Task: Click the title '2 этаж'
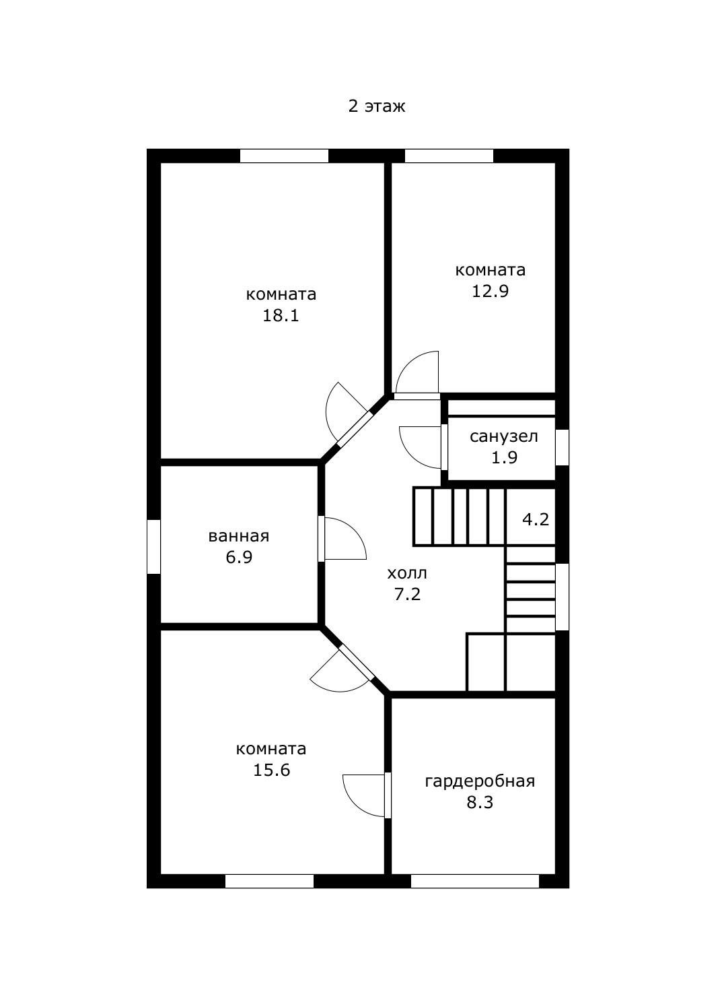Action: tap(377, 106)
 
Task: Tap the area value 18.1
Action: tap(281, 316)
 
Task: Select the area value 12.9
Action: tap(490, 291)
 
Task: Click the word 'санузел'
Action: tap(503, 436)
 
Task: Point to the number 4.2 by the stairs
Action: tap(535, 520)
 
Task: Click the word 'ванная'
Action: tap(238, 536)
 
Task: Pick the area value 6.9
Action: tap(239, 557)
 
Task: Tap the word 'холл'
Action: tap(407, 573)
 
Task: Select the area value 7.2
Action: tap(407, 594)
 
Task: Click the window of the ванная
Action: tap(153, 547)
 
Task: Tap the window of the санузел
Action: tap(562, 447)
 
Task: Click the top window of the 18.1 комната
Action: tap(284, 156)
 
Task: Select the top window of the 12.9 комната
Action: tap(449, 156)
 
